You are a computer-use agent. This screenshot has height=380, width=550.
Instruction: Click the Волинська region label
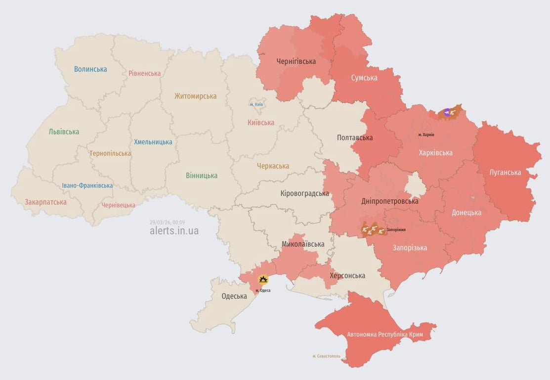pyautogui.click(x=90, y=69)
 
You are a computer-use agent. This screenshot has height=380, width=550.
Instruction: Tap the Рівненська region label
pyautogui.click(x=144, y=73)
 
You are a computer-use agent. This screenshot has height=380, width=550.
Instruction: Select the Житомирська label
pyautogui.click(x=195, y=96)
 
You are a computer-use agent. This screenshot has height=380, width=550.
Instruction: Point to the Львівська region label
pyautogui.click(x=64, y=132)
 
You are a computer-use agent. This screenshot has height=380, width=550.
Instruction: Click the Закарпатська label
pyautogui.click(x=45, y=202)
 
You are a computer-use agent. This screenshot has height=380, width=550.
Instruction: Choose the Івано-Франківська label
pyautogui.click(x=87, y=186)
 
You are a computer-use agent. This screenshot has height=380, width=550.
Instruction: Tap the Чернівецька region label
pyautogui.click(x=118, y=205)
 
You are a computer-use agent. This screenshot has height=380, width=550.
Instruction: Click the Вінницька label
pyautogui.click(x=202, y=176)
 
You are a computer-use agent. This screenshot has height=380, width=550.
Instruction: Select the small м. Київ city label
pyautogui.click(x=256, y=104)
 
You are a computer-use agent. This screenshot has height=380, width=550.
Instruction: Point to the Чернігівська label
pyautogui.click(x=296, y=61)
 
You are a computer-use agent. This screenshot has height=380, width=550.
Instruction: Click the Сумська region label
pyautogui.click(x=364, y=78)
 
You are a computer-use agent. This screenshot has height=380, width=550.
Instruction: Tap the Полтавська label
pyautogui.click(x=355, y=138)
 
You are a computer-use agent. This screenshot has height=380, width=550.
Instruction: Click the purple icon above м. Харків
pyautogui.click(x=447, y=113)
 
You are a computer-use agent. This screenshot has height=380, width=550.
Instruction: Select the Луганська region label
pyautogui.click(x=505, y=172)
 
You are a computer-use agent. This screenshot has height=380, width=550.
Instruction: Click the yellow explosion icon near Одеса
pyautogui.click(x=263, y=280)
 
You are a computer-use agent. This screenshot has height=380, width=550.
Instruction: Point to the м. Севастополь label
pyautogui.click(x=326, y=356)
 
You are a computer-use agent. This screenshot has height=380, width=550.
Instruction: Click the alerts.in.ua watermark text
pyautogui.click(x=174, y=231)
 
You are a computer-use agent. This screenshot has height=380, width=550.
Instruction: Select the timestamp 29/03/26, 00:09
pyautogui.click(x=167, y=222)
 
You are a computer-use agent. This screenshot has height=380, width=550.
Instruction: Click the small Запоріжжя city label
pyautogui.click(x=396, y=230)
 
